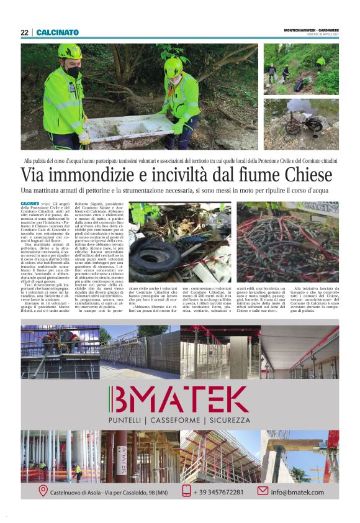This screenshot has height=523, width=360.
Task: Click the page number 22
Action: (x=24, y=32)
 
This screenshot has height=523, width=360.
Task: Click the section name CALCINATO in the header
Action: (x=58, y=32)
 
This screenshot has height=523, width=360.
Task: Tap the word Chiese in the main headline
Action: (x=308, y=175)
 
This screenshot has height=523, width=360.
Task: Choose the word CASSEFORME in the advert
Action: (x=179, y=421)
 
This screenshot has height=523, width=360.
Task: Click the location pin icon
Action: (x=43, y=491)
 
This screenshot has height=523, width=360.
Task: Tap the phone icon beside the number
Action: (x=186, y=491)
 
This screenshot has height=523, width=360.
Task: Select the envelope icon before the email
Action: (x=263, y=491)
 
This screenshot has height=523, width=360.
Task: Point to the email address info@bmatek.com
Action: (x=297, y=492)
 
